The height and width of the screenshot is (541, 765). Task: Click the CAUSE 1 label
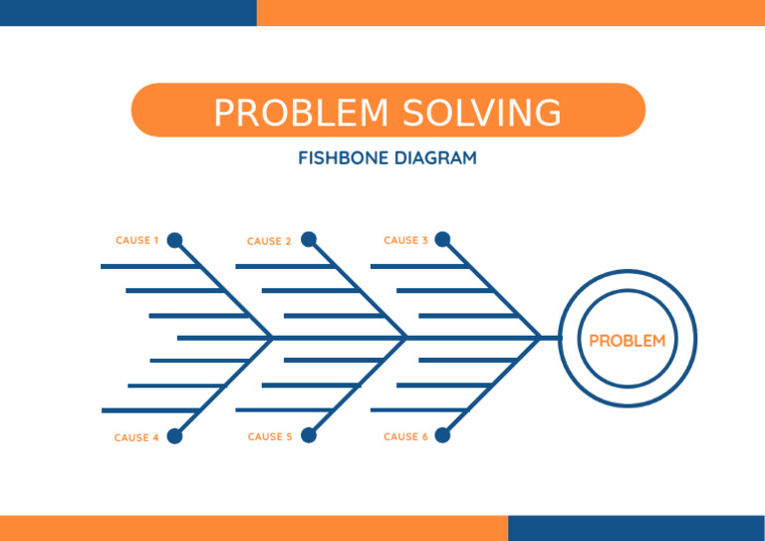pos(136,240)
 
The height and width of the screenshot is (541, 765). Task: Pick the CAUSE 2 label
pos(269,241)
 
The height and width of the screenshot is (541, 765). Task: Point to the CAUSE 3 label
pos(405,240)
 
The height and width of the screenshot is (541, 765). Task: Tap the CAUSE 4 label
pos(136,437)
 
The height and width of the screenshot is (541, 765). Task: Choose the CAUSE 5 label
pos(270,436)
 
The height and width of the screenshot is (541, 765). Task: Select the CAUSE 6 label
pos(405,436)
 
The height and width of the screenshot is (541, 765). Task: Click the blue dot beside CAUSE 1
pos(174,240)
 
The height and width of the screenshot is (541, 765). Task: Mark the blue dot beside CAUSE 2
pos(309,239)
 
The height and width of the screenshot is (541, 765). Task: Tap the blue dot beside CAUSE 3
pos(442,239)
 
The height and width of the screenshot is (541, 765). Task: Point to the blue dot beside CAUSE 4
pos(174,435)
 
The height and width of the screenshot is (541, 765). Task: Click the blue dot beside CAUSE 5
pos(309,434)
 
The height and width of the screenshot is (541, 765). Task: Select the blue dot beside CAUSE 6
pos(442,434)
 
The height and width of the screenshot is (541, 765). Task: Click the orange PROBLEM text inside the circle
pos(628,341)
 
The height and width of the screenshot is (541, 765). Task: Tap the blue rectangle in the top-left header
pos(127,12)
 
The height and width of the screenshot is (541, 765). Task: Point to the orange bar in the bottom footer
pos(254,528)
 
